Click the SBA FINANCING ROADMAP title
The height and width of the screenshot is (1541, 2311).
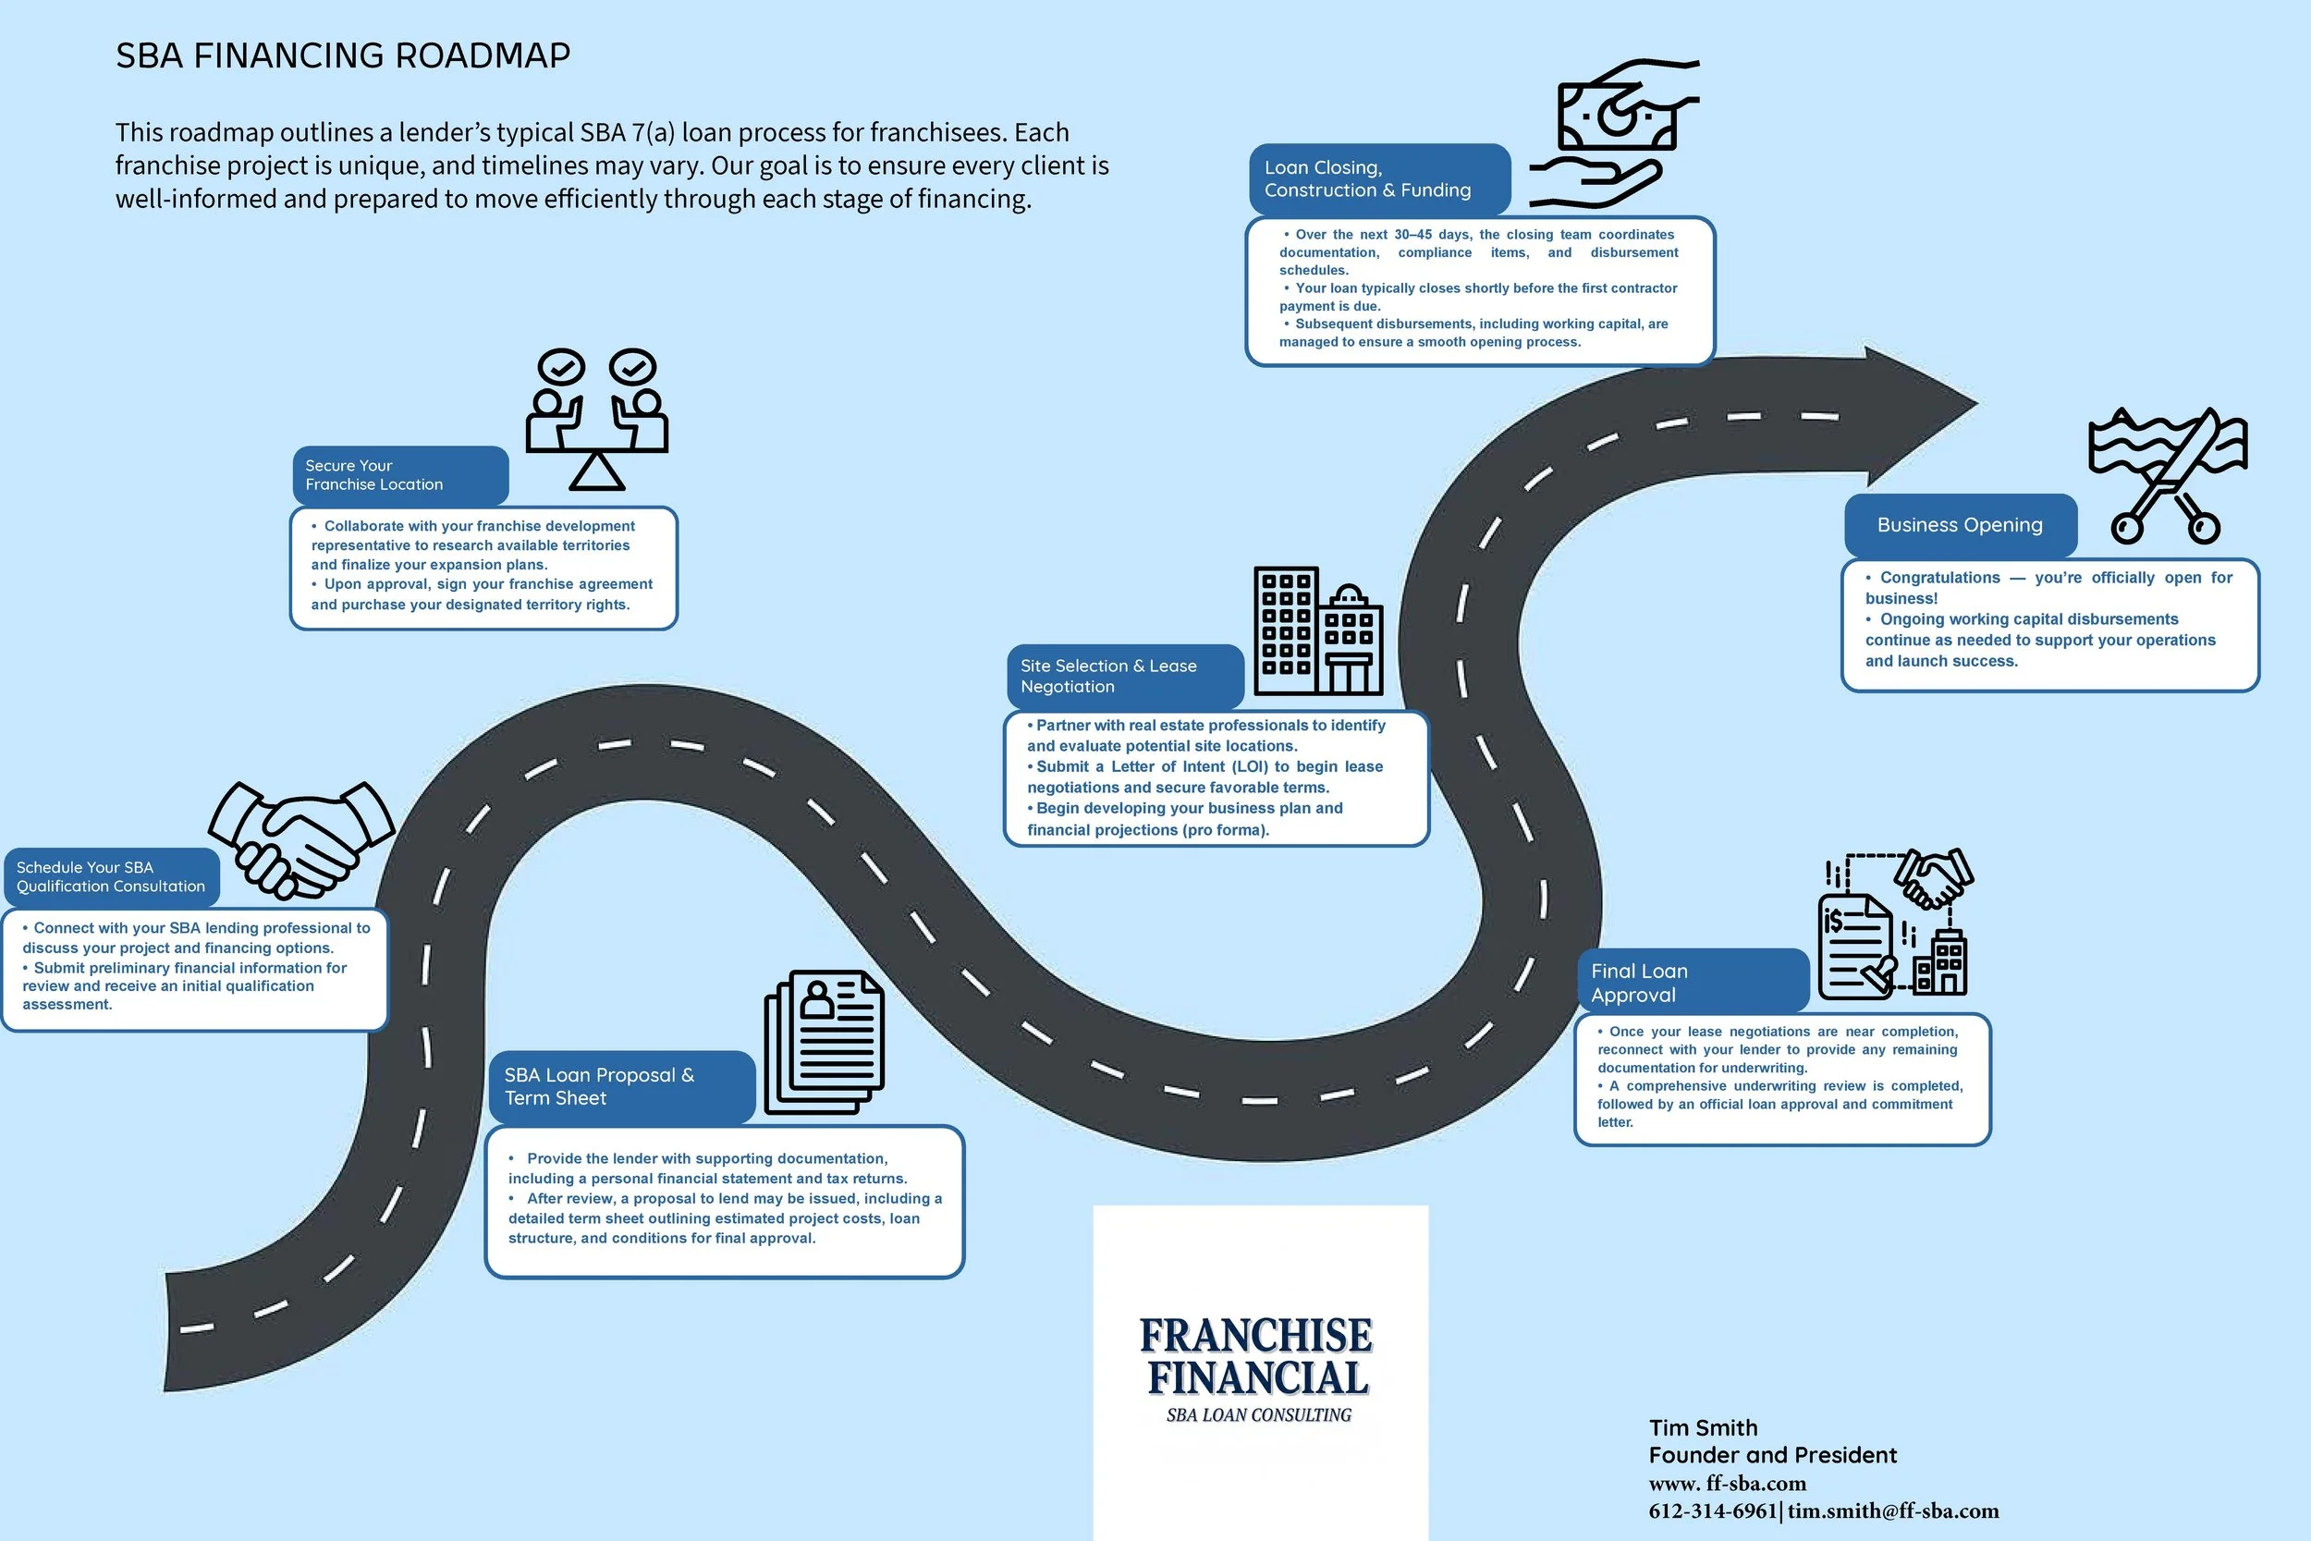point(343,56)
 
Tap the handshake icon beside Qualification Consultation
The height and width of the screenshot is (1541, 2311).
point(301,840)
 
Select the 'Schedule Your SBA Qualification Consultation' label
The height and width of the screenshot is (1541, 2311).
point(111,876)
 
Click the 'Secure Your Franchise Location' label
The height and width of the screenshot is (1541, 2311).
point(399,476)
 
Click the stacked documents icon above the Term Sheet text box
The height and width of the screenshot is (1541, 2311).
point(825,1042)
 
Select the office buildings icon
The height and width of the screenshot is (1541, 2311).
point(1318,631)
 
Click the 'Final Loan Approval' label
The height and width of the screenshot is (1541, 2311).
point(1690,982)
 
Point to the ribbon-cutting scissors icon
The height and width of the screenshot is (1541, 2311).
point(2167,476)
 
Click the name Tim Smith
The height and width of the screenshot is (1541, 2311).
point(1703,1428)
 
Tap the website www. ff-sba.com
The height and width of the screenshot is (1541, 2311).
point(1728,1483)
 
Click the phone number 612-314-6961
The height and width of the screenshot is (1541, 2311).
point(1713,1510)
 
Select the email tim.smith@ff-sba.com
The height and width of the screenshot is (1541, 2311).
point(1892,1510)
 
